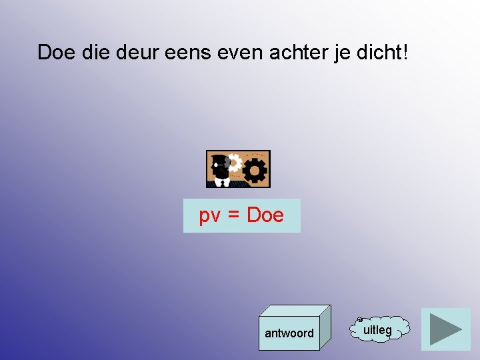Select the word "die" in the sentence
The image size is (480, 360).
click(x=99, y=52)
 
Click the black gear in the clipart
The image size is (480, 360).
click(x=255, y=171)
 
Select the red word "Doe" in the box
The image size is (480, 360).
click(x=265, y=215)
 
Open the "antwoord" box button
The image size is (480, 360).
click(x=289, y=333)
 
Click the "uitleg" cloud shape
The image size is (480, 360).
click(x=378, y=329)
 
